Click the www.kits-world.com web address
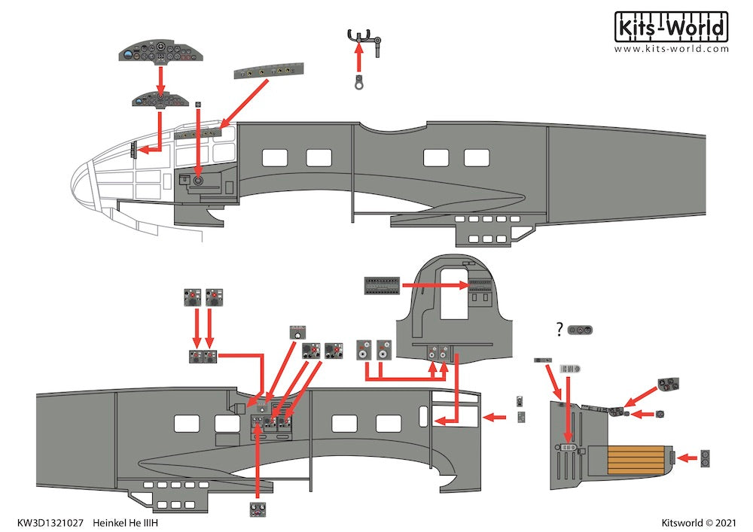click(672, 49)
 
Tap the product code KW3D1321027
click(51, 521)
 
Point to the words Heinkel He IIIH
click(125, 521)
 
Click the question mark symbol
click(559, 329)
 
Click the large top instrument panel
click(160, 53)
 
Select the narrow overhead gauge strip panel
click(268, 72)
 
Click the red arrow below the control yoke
click(359, 59)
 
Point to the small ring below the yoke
click(359, 84)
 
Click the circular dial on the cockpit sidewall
click(199, 181)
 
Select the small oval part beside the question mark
click(581, 330)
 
